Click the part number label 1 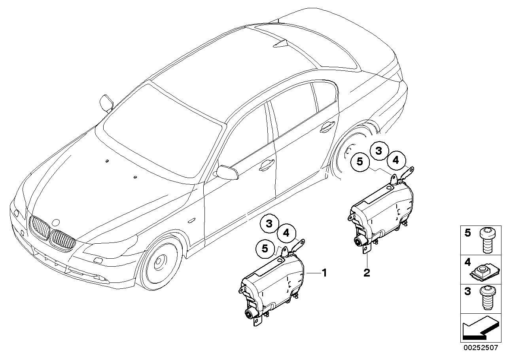pos(324,273)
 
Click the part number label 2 pos(367,273)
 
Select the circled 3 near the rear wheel pos(379,151)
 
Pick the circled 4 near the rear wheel pos(396,160)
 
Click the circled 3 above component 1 pos(269,224)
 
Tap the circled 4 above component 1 pos(286,233)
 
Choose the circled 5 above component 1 pos(265,249)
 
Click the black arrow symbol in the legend pos(479,329)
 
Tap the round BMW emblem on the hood pos(56,224)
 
